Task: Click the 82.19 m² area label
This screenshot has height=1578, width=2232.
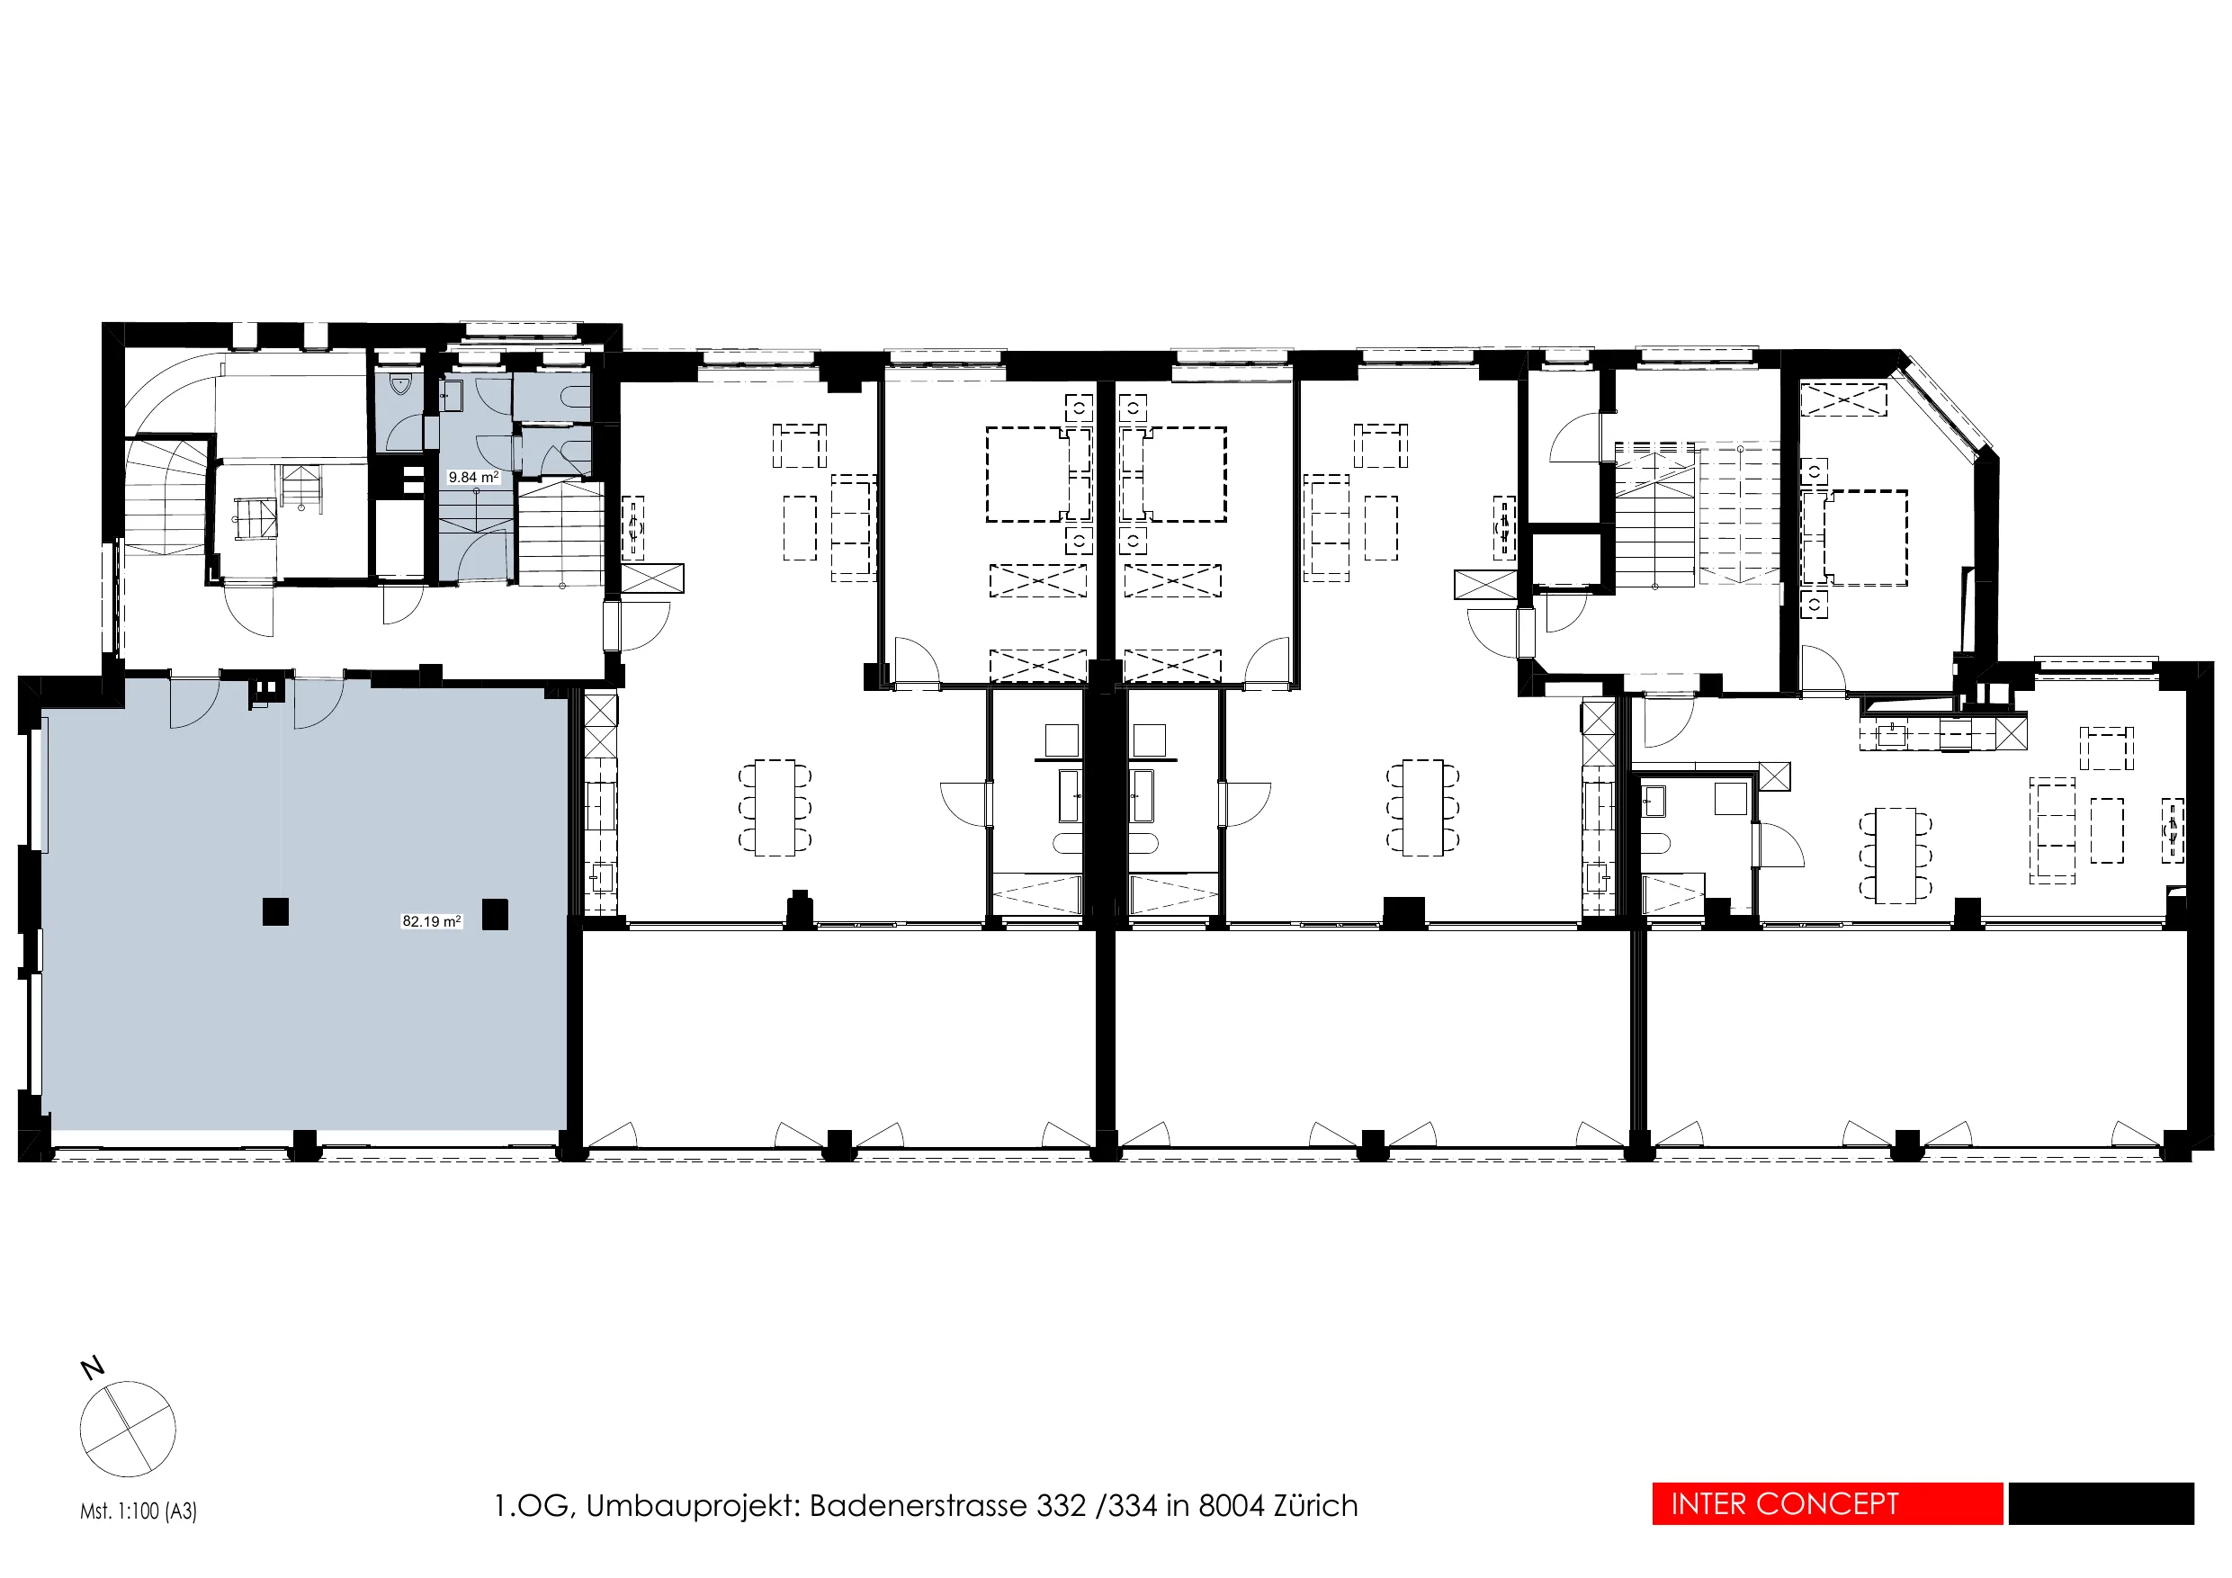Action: coord(432,920)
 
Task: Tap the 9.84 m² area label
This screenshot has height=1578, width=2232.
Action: coord(473,478)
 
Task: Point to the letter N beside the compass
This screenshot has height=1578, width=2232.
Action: coord(93,1368)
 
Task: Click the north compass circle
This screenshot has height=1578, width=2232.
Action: coord(128,1429)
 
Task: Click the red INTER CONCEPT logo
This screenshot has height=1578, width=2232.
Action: coord(1826,1504)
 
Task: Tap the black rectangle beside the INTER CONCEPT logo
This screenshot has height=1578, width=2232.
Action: coord(2101,1504)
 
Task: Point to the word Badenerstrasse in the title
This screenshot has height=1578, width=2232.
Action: coord(918,1505)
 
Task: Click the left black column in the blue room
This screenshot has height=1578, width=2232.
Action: coord(275,911)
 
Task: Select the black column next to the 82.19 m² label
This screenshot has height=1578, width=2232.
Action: coord(495,914)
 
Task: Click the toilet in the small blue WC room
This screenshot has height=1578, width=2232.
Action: coord(400,385)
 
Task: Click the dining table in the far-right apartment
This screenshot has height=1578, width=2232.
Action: coord(1896,855)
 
